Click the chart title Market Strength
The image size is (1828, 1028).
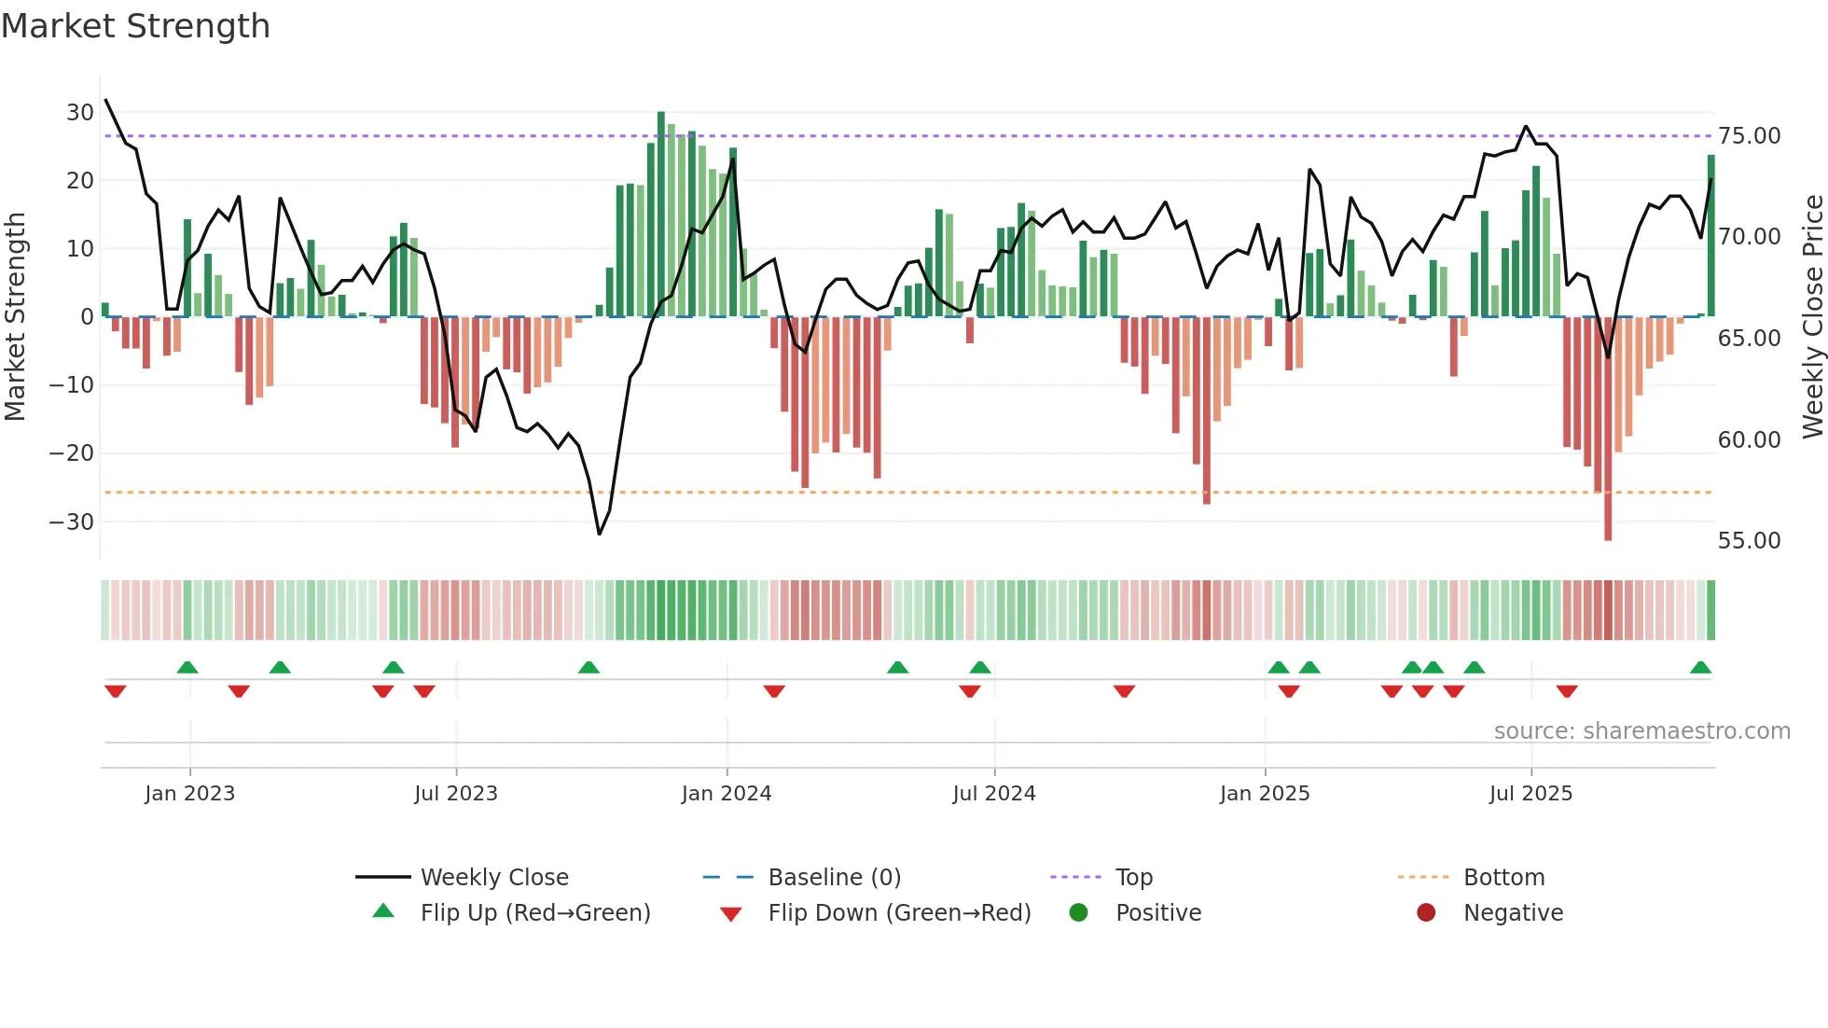coord(135,26)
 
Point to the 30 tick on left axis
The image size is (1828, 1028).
coord(80,113)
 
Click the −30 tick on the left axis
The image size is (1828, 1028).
coord(72,521)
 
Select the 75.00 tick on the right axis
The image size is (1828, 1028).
coord(1749,136)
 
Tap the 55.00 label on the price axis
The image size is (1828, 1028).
coord(1749,541)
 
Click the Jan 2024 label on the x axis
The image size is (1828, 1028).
coord(726,794)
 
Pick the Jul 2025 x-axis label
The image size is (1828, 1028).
coord(1530,794)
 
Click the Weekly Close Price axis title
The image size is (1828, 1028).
coord(1812,316)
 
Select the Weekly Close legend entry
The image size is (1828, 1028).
coord(493,878)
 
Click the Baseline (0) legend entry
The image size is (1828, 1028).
coord(834,878)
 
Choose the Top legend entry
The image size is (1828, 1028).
coord(1133,878)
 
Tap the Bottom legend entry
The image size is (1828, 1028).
coord(1503,878)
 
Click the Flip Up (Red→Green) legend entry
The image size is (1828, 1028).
coord(534,913)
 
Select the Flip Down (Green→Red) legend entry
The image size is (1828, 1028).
coord(898,913)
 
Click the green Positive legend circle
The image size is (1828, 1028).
coord(1079,913)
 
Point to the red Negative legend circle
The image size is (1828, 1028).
coord(1426,913)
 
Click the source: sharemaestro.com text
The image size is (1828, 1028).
coord(1641,731)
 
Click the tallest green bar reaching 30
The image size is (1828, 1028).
coord(661,215)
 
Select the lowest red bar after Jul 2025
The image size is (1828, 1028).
coord(1608,429)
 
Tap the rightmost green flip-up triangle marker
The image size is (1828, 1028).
coord(1700,668)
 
